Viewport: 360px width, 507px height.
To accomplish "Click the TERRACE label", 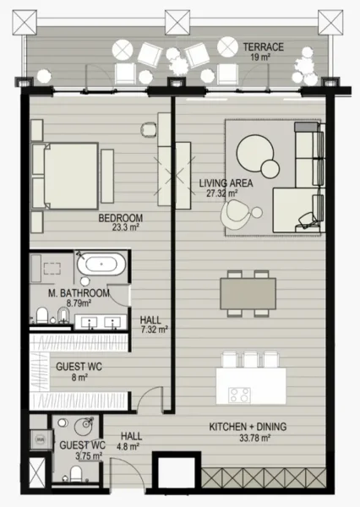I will click(x=263, y=46).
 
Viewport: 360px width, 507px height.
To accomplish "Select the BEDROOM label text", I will click(x=120, y=217).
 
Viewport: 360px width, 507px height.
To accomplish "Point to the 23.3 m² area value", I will click(x=120, y=227).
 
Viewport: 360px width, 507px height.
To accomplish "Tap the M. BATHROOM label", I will click(x=79, y=293).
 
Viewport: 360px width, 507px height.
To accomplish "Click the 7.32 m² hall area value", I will click(x=152, y=330).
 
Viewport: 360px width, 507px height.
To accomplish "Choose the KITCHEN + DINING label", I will click(x=240, y=428).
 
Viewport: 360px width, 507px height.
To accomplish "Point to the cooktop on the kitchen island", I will click(x=239, y=393).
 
